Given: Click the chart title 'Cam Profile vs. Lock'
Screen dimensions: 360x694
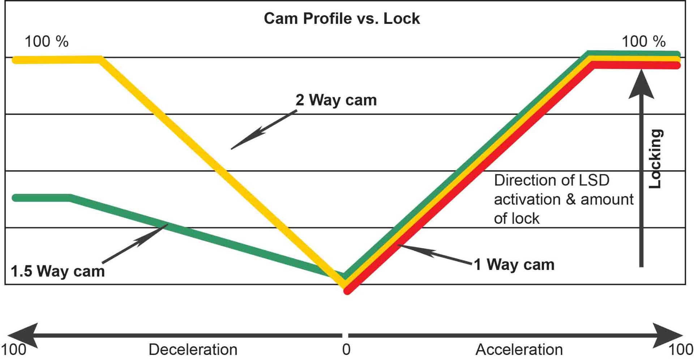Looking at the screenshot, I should (342, 18).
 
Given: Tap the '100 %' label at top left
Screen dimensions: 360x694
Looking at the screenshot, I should (46, 42).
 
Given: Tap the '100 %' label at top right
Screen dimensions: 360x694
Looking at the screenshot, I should (643, 42).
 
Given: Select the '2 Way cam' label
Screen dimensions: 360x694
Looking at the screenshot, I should (336, 100).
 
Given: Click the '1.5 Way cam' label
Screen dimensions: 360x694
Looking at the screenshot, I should (58, 271).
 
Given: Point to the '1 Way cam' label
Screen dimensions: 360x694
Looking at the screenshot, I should (514, 265).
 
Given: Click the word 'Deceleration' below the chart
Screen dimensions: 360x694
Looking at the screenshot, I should (193, 350).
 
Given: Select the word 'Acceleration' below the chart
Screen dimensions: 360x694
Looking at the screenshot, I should (519, 350).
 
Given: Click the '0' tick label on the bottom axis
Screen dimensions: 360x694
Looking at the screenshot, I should (346, 350).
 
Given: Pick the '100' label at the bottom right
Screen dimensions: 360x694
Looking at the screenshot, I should (681, 350).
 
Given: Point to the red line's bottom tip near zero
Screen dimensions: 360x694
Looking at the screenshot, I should (347, 291).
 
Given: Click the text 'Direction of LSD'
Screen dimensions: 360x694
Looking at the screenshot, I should (552, 180).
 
